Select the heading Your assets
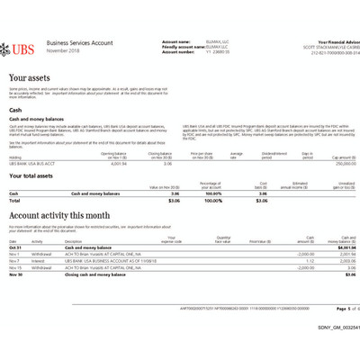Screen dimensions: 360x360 coord(31,79)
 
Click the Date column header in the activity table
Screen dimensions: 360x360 coord(13,241)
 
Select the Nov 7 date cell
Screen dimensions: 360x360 coord(14,260)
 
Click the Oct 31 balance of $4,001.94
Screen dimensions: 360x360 coord(344,247)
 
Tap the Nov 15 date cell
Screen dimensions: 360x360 coord(15,267)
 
